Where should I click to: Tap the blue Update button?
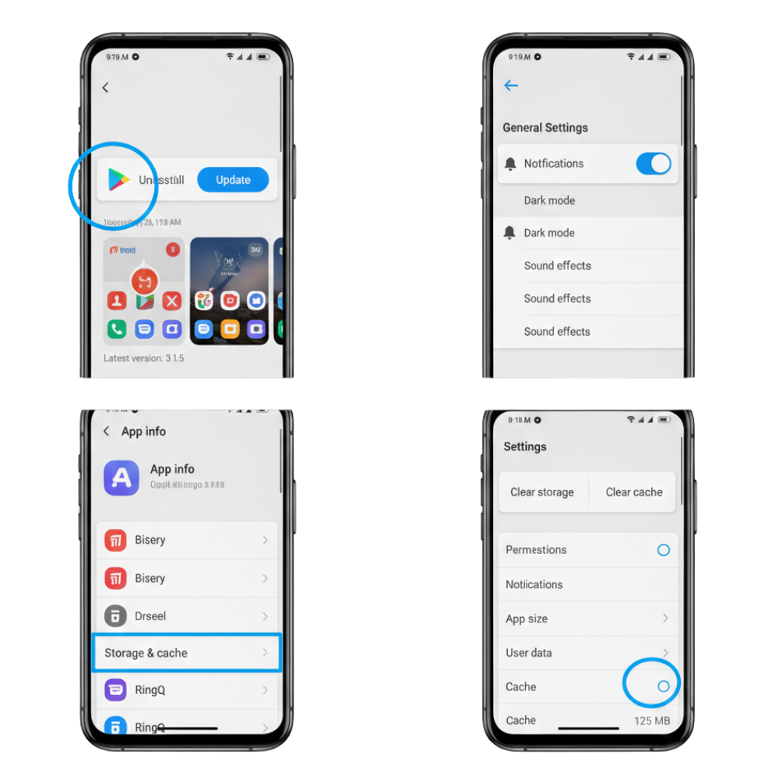[233, 180]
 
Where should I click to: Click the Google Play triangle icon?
[118, 180]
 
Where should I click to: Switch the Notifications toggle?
[653, 164]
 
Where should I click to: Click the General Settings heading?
[545, 128]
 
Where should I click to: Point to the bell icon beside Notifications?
[510, 164]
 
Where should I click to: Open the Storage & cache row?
[186, 653]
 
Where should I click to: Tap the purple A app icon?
[122, 478]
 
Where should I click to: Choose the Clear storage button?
[542, 492]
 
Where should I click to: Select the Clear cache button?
[634, 492]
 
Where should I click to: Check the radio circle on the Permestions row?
[664, 550]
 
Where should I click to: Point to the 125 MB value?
[652, 721]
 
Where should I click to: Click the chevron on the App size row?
[665, 619]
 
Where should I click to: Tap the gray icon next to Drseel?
[115, 616]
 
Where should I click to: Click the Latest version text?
[144, 358]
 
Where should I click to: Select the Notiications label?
[534, 584]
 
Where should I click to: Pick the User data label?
[529, 653]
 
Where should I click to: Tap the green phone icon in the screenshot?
[117, 329]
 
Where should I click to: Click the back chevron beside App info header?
[107, 432]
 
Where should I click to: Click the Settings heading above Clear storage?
[525, 447]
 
